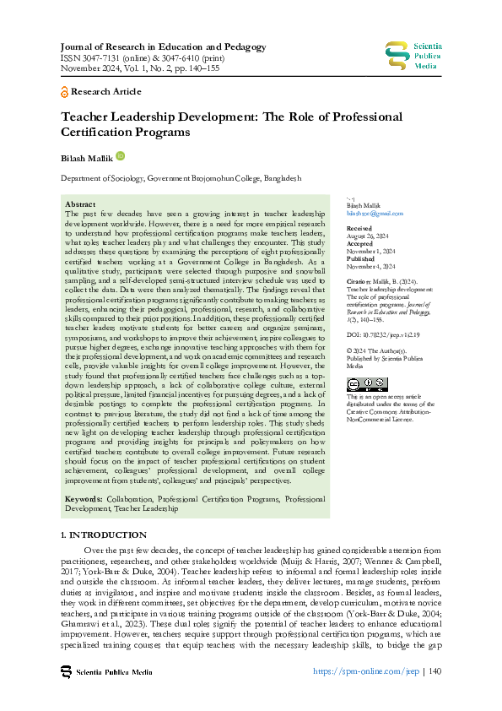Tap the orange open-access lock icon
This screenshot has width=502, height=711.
65,91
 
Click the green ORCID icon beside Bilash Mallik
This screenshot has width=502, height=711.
120,155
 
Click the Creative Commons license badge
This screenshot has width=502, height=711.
367,384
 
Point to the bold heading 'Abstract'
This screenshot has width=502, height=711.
80,204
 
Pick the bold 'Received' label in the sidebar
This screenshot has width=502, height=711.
359,229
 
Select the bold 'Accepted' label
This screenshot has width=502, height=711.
360,244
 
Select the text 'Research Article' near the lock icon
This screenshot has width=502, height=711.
107,91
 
